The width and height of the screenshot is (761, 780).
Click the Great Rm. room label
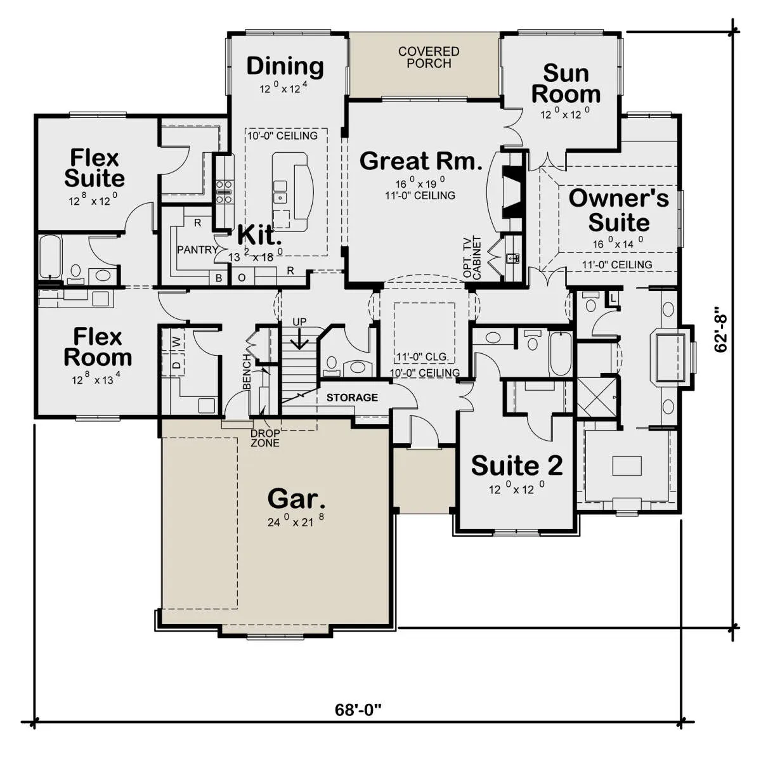[x=420, y=161]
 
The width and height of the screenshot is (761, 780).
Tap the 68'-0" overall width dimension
[x=358, y=710]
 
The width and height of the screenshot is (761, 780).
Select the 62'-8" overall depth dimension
[x=720, y=329]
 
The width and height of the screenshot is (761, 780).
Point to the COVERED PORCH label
[x=429, y=57]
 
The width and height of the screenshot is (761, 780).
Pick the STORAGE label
[x=352, y=397]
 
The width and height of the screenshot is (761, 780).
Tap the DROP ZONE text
[x=265, y=438]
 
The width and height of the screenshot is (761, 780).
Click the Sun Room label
[x=566, y=84]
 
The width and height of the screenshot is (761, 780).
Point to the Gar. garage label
[x=296, y=500]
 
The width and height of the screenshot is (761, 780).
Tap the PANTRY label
[x=198, y=250]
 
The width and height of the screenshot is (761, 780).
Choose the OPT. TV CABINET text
[x=472, y=257]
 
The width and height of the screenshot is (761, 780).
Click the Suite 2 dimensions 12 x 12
[x=516, y=488]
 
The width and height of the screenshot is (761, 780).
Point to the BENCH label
[x=247, y=372]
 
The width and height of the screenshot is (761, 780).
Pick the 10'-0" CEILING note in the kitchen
[x=282, y=136]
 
